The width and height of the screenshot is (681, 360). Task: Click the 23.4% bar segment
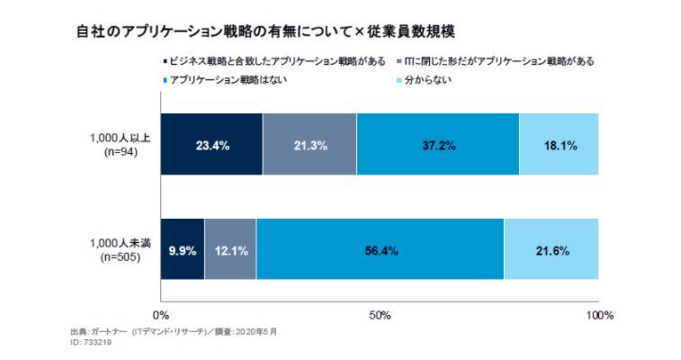211,145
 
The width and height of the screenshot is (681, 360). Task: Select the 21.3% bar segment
309,145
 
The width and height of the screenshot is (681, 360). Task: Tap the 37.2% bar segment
437,145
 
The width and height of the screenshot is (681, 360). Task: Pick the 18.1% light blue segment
558,145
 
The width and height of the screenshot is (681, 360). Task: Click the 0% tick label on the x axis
161,315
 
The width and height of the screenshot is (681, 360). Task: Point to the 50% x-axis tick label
380,315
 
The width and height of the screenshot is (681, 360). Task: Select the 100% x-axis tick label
598,315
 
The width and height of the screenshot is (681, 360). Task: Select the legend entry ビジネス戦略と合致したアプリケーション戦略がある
273,61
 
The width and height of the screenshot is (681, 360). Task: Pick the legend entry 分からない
427,81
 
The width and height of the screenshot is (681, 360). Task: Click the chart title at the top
265,31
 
